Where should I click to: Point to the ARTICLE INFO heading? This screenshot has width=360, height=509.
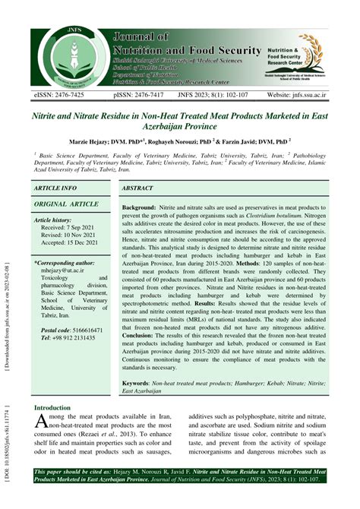tap(55, 187)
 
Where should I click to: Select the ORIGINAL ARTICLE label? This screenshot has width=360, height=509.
tap(66, 204)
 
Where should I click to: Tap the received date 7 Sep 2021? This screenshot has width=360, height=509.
tap(72, 227)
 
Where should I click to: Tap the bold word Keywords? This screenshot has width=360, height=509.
tap(142, 384)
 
